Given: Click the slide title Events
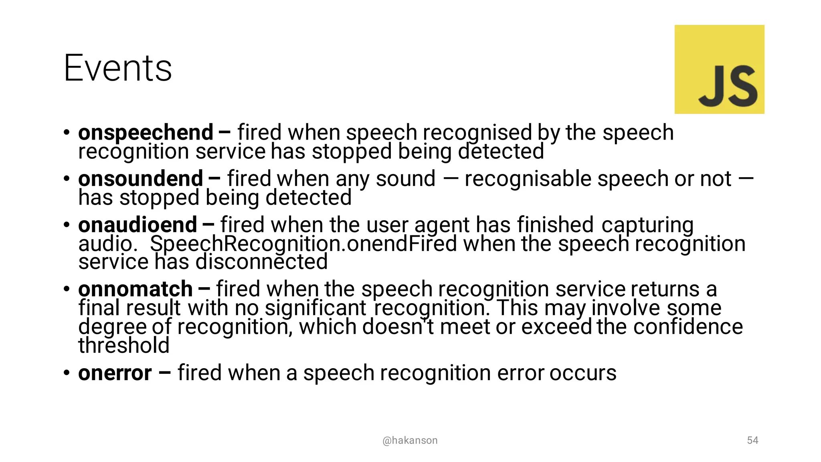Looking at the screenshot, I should tap(117, 68).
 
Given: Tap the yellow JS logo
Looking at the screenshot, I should tap(719, 69).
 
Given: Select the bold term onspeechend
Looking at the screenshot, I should tap(146, 133).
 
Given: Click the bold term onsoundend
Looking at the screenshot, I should tap(140, 179).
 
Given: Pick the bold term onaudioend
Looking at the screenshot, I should tap(138, 225).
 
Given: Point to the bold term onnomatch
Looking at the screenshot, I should tap(135, 289).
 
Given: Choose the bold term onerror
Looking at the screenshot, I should tap(115, 373).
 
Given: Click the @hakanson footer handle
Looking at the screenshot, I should tap(410, 440).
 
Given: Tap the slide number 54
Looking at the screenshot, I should tap(752, 440).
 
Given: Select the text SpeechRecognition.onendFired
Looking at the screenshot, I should tap(303, 244).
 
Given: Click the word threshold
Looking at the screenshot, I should tap(124, 346).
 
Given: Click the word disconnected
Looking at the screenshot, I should tap(261, 262).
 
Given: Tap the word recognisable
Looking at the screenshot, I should tap(528, 179).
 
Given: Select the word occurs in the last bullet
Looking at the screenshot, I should tap(582, 373).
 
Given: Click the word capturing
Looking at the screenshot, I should tap(647, 225).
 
